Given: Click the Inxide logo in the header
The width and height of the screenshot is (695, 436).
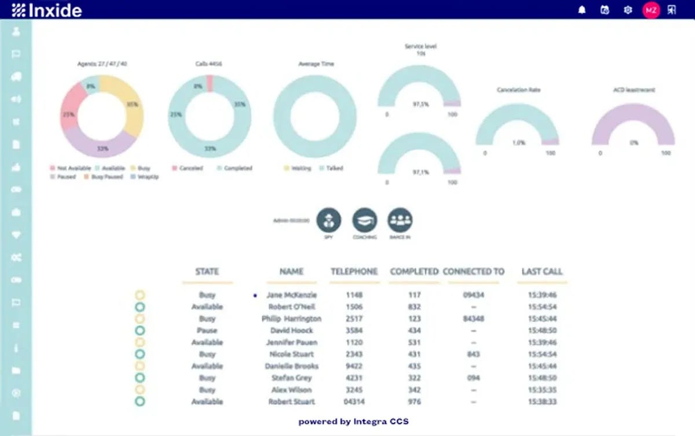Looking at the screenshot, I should (46, 10).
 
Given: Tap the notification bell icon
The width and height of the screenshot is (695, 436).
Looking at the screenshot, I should (582, 10).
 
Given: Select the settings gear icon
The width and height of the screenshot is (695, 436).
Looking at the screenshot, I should (628, 10).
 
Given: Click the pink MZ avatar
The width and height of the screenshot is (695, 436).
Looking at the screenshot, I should (651, 10).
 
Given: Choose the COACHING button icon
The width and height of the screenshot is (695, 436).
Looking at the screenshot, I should (365, 220).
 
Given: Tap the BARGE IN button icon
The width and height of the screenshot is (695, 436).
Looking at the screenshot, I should (400, 220).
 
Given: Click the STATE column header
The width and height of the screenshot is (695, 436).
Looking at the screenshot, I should (207, 271).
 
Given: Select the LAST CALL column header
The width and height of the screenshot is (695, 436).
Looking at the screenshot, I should (542, 271).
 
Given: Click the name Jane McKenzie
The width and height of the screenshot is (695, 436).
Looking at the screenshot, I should (291, 295).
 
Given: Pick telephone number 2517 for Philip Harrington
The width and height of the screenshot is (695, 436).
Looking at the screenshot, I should (354, 319).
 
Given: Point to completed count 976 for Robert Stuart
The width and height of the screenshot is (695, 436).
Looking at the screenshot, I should (414, 401).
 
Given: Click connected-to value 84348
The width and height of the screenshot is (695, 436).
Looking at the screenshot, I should (474, 319).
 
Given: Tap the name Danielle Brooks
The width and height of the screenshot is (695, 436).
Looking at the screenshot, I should (291, 366).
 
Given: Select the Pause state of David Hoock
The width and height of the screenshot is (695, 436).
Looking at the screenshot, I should (207, 330).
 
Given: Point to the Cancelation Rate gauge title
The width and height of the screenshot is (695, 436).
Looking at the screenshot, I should (518, 90).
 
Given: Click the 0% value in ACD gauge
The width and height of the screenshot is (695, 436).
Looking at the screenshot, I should (634, 142).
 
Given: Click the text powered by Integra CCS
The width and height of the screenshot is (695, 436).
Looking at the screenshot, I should (353, 422).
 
